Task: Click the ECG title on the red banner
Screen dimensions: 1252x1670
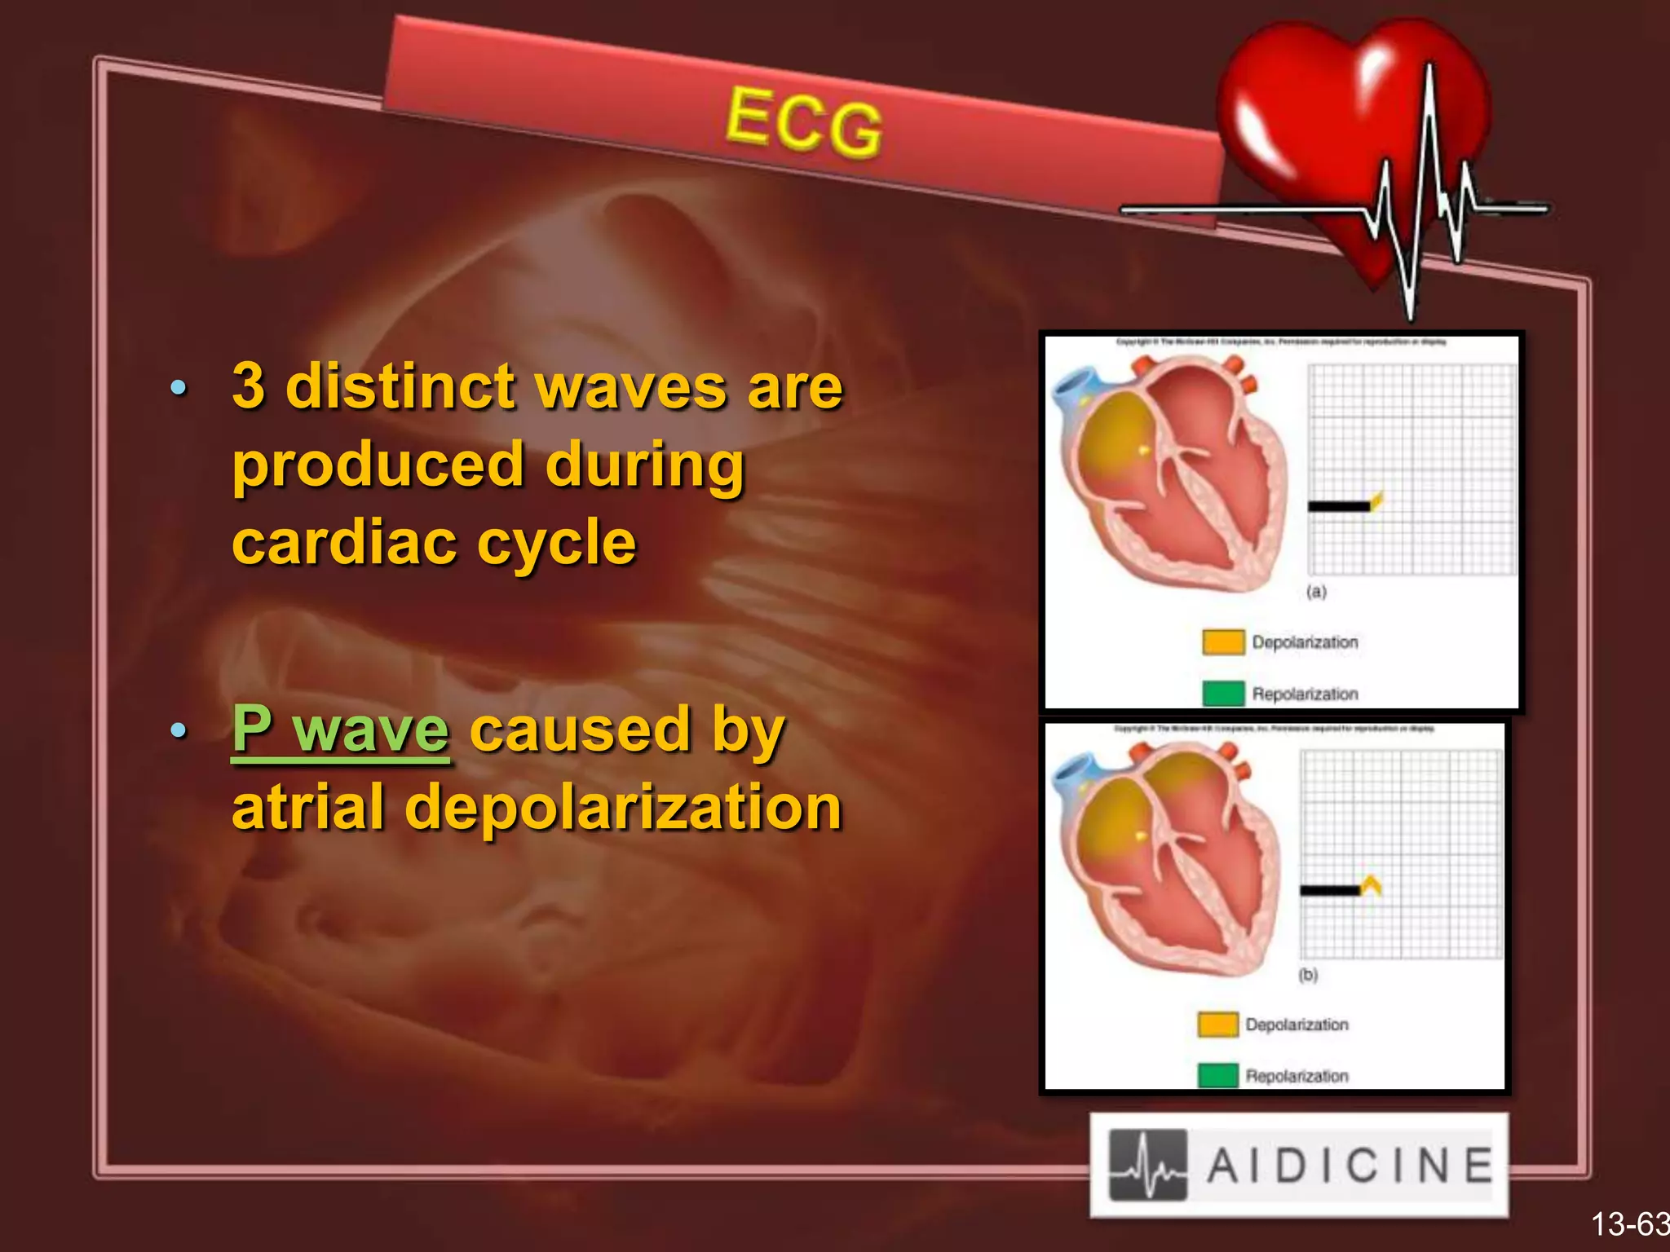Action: (x=803, y=122)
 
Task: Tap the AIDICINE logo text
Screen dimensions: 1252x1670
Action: (x=1350, y=1166)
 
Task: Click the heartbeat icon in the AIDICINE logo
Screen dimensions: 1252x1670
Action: (x=1147, y=1166)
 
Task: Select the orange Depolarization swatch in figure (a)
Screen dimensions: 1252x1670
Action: (x=1223, y=642)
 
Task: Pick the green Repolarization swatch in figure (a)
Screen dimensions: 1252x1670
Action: (x=1223, y=694)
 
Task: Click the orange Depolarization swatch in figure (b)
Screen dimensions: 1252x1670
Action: (x=1217, y=1025)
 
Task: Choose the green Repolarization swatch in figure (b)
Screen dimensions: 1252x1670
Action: (x=1217, y=1076)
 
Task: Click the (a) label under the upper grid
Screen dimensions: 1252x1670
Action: (x=1316, y=592)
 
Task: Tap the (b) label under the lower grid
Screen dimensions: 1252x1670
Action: (x=1308, y=975)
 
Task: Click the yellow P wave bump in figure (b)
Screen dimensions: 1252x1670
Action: (x=1372, y=884)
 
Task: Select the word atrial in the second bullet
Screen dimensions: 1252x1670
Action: (x=307, y=807)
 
